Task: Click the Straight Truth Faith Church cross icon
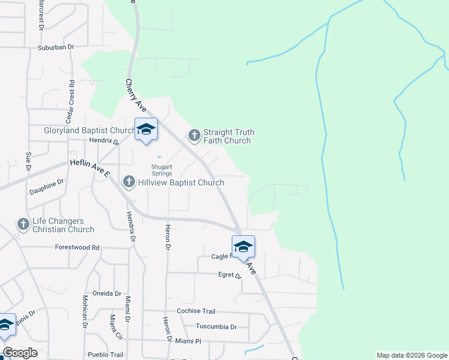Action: point(194,136)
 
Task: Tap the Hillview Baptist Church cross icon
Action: point(129,181)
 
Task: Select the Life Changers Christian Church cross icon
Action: point(23,224)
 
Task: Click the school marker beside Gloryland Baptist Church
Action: point(146,129)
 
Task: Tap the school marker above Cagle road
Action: point(243,247)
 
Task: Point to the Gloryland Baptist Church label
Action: point(90,130)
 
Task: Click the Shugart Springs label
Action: point(161,170)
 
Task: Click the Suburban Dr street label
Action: point(55,47)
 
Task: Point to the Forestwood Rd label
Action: point(77,247)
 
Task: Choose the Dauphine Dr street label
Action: point(46,187)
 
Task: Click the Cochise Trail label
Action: point(196,311)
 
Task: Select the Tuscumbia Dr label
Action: point(217,327)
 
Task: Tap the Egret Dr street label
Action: point(229,275)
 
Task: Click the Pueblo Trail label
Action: point(105,355)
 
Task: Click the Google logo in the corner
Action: point(20,353)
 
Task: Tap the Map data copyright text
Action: point(411,355)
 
